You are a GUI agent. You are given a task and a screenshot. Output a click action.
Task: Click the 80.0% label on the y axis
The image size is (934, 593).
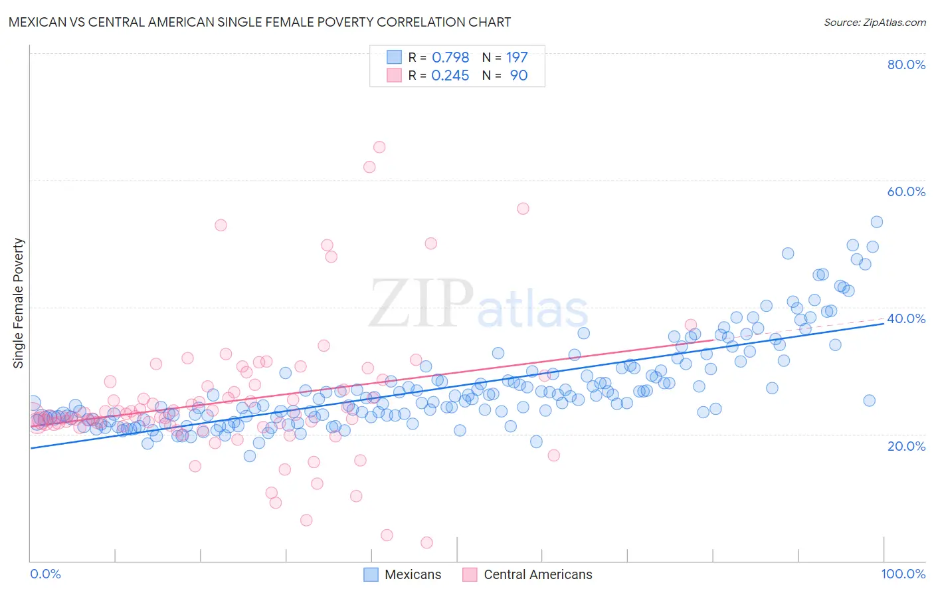tap(906, 64)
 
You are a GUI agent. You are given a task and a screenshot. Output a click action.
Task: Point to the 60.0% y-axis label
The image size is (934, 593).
tap(906, 191)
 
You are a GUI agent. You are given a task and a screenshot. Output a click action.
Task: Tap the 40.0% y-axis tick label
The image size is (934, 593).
tap(906, 318)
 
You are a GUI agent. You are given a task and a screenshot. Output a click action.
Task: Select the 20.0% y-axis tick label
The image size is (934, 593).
tap(906, 445)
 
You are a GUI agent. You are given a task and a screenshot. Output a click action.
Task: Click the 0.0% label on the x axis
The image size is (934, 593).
tap(45, 574)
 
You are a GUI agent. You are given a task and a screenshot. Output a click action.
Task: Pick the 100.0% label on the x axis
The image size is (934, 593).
tap(903, 574)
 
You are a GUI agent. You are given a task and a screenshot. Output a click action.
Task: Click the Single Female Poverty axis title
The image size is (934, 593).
tap(19, 303)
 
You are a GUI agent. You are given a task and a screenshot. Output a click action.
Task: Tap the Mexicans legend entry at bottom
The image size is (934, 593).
tap(403, 574)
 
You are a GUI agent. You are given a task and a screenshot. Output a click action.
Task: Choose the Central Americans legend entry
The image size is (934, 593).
tap(527, 574)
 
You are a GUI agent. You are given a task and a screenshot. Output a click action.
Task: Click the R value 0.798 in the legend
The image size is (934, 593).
tap(450, 57)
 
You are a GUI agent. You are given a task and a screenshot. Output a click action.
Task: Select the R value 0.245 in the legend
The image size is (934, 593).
tap(450, 75)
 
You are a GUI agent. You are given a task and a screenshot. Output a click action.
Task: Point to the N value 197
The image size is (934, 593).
tap(517, 57)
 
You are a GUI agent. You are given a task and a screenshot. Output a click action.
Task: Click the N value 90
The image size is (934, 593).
tap(519, 75)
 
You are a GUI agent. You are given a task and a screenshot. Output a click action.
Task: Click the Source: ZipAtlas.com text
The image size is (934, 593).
tap(874, 22)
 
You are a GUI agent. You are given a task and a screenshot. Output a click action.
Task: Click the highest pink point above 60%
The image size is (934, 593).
tap(379, 147)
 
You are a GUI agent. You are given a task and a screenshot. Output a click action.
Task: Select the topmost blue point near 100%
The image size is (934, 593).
tap(877, 222)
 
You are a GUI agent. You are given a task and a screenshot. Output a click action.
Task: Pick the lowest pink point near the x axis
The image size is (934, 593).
tap(426, 542)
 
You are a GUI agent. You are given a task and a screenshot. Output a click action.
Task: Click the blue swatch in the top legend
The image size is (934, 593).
tap(395, 57)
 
